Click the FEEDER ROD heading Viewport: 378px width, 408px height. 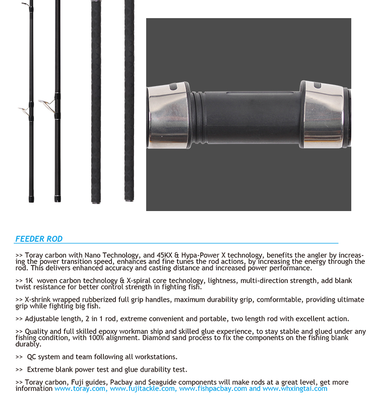(x=39, y=239)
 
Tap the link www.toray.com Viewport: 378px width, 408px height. (x=80, y=388)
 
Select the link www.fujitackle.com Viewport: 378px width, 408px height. (x=143, y=388)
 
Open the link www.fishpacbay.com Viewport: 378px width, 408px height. (x=213, y=388)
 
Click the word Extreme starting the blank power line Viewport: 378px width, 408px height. (x=41, y=370)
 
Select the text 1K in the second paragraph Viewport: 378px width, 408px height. (x=29, y=281)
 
